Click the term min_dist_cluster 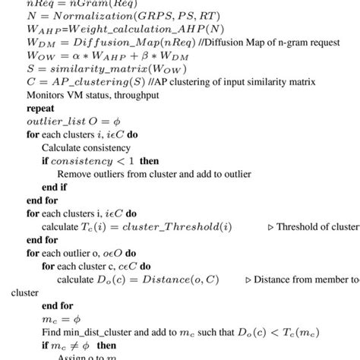click(98, 335)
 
